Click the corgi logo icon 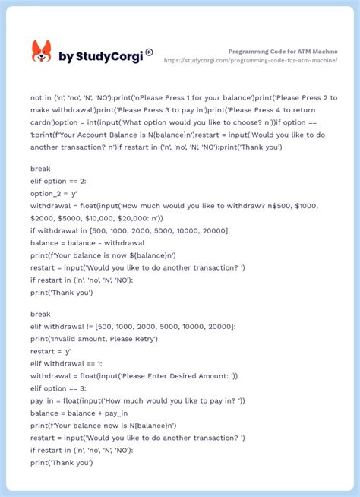[41, 52]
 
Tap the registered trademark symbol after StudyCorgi [149, 52]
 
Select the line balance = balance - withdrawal [87, 242]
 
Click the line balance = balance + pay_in [79, 413]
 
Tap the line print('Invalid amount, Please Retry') [94, 338]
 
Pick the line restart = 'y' [50, 351]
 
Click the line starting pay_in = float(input [137, 400]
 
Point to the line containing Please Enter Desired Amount [134, 375]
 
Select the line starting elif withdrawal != [133, 326]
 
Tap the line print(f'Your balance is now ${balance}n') [103, 255]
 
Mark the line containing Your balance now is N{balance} [103, 425]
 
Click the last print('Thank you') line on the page [61, 462]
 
